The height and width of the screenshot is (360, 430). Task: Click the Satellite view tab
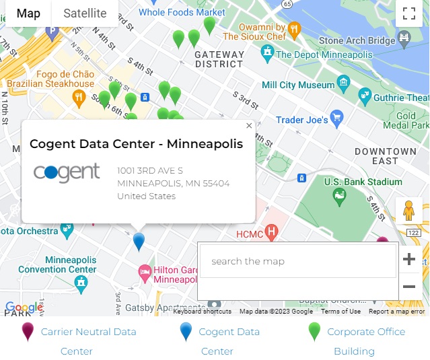[x=85, y=13]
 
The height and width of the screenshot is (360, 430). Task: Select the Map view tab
[x=28, y=13]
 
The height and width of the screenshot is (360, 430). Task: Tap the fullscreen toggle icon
[x=408, y=13]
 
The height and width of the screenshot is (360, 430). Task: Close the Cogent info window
[x=249, y=126]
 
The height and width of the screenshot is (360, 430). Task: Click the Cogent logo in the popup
[x=67, y=173]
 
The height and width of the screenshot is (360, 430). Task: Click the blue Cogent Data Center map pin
[x=139, y=241]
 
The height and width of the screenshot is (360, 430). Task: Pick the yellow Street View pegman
[x=408, y=211]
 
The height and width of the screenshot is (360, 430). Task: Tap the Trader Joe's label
[x=302, y=120]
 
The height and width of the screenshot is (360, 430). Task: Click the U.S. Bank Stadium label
[x=363, y=182]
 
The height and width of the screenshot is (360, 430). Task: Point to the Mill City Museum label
[x=298, y=85]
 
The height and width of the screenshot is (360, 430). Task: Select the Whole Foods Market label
[x=182, y=12]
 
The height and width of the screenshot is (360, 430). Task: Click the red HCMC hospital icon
[x=272, y=233]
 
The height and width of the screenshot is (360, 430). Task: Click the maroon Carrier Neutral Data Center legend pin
[x=28, y=332]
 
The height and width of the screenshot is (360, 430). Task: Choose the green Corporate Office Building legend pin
[x=314, y=332]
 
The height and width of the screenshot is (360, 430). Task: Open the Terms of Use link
[x=341, y=312]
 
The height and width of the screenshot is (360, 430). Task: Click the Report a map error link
[x=396, y=312]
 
